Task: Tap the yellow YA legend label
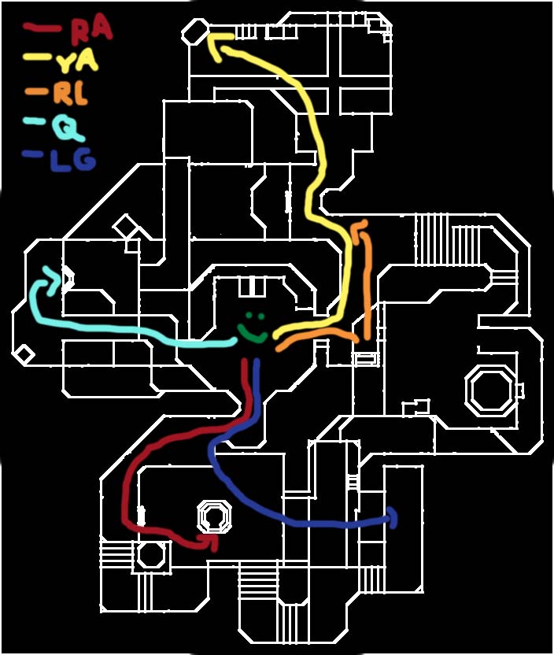point(78,61)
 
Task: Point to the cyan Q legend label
point(69,128)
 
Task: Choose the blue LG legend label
point(72,161)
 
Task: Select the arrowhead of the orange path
point(358,227)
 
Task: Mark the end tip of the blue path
point(393,518)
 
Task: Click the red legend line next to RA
point(42,28)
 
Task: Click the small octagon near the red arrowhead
point(214,517)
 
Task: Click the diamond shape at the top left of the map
point(195,31)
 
